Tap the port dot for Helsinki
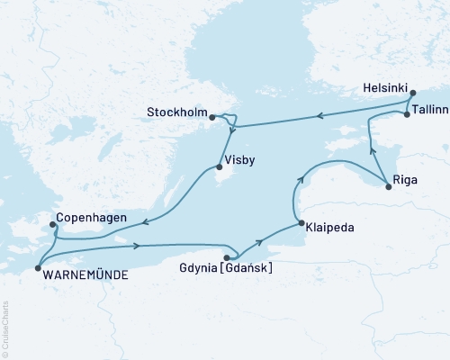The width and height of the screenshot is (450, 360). point(412,93)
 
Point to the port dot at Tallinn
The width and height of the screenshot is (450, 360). point(407,114)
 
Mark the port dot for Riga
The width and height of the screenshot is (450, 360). point(388,186)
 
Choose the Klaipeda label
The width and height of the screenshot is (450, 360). point(328,228)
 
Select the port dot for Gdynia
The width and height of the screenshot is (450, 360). point(226,257)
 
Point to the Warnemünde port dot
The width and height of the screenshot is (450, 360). point(37,267)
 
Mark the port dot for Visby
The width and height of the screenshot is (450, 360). point(218,166)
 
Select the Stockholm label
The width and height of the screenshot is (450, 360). point(176,112)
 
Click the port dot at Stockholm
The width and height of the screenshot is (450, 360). point(211,117)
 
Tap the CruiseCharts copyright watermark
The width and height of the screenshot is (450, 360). point(4,329)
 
